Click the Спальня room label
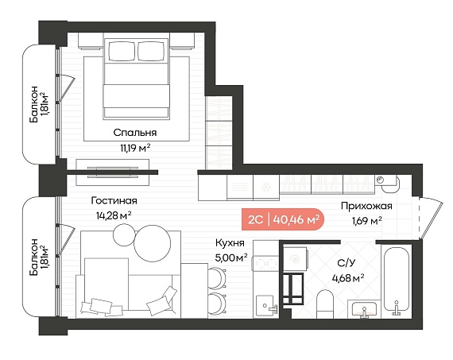135,133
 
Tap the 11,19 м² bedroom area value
135,149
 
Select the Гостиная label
114,200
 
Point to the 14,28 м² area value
114,215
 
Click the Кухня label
230,243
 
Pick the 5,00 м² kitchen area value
231,257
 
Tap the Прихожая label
366,207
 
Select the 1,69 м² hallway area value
366,221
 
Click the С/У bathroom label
347,263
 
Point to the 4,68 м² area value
348,278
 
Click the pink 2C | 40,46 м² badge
283,219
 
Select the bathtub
397,281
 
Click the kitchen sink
265,305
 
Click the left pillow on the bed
122,51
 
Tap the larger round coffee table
153,243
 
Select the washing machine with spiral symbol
296,259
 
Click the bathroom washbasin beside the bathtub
364,309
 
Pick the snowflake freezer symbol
266,187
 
